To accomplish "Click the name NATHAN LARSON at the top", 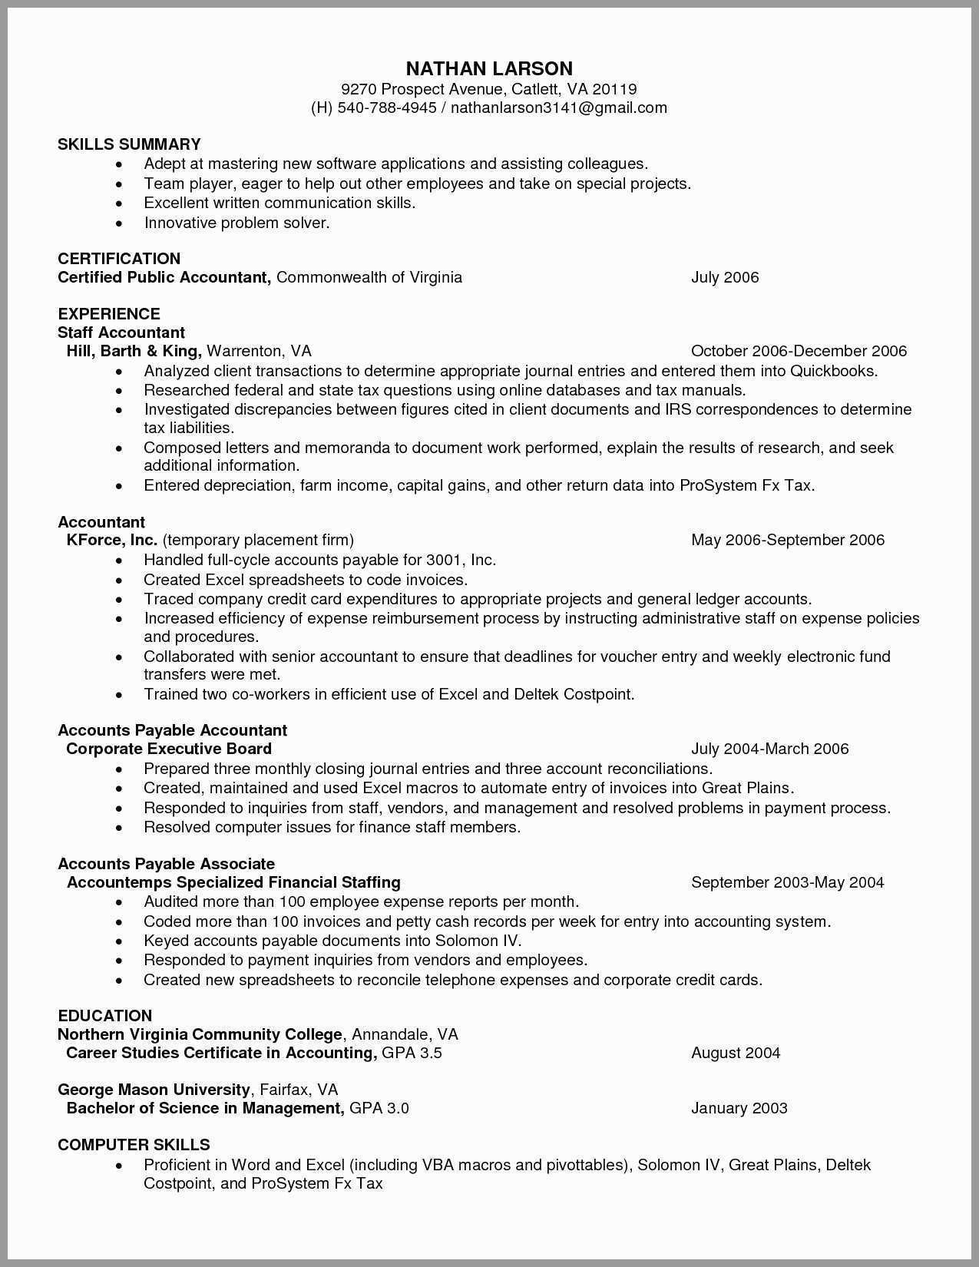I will click(489, 68).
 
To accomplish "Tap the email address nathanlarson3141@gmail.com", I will click(558, 108).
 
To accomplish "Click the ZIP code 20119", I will click(614, 89).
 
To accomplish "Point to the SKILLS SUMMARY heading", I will click(129, 144).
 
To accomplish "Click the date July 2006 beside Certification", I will click(724, 277).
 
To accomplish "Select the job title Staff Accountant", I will click(121, 332).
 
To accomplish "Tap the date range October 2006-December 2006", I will click(799, 351).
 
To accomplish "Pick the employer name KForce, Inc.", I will click(112, 540).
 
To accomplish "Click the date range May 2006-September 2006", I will click(787, 540).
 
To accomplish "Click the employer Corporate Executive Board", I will click(169, 749).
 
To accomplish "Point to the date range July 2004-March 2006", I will click(769, 749).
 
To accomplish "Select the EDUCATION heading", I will click(104, 1016).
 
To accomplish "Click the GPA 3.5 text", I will click(412, 1053).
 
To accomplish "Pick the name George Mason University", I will click(154, 1090).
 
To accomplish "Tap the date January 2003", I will click(739, 1108).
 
